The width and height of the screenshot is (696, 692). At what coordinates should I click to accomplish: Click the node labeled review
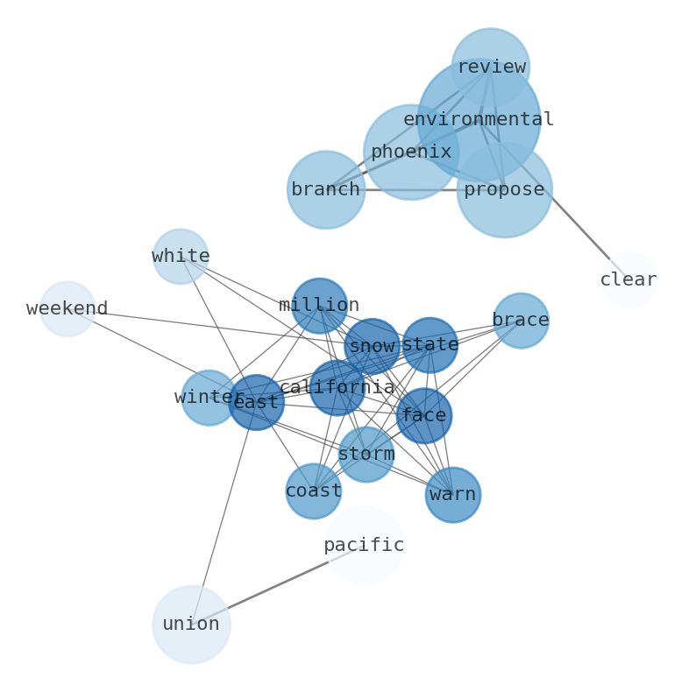click(x=490, y=67)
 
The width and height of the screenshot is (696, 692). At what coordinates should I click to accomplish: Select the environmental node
click(x=479, y=119)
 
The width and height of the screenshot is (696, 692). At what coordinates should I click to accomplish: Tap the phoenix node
click(x=410, y=152)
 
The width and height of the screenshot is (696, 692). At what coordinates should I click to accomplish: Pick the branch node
click(x=325, y=189)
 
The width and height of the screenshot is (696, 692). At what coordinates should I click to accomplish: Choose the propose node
click(x=504, y=189)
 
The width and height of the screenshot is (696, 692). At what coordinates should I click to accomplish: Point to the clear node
click(x=629, y=279)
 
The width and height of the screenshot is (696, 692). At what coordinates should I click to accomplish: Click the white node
click(x=180, y=257)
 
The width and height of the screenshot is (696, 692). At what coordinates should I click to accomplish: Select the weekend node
click(x=67, y=308)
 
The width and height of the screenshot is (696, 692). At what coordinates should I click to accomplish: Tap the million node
click(x=319, y=306)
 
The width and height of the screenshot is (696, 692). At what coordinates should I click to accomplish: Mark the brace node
click(x=521, y=321)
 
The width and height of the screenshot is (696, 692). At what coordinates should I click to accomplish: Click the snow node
click(x=372, y=347)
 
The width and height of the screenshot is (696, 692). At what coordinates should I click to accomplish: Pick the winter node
click(x=209, y=398)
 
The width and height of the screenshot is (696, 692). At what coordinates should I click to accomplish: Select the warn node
click(x=453, y=495)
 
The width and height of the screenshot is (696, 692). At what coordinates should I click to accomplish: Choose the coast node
click(x=313, y=491)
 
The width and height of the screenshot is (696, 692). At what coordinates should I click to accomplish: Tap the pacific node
click(x=364, y=545)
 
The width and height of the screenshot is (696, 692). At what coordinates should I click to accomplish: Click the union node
click(x=191, y=625)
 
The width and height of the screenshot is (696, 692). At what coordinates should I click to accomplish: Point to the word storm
click(x=366, y=455)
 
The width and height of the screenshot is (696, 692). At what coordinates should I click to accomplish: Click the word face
click(x=423, y=416)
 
